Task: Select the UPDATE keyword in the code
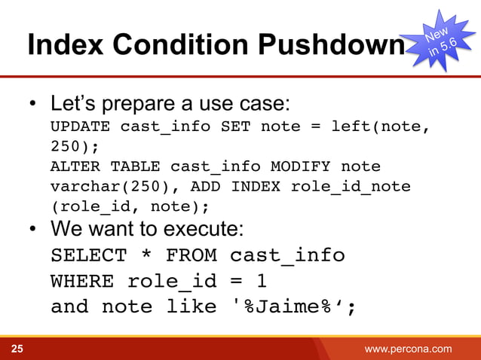coord(80,126)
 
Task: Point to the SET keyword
coord(235,126)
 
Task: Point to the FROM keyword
coord(191,256)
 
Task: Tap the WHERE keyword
coord(82,282)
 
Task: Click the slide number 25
coord(16,349)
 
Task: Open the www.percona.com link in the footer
coord(408,349)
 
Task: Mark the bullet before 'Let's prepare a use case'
coord(33,102)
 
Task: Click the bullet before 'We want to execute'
coord(33,228)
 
